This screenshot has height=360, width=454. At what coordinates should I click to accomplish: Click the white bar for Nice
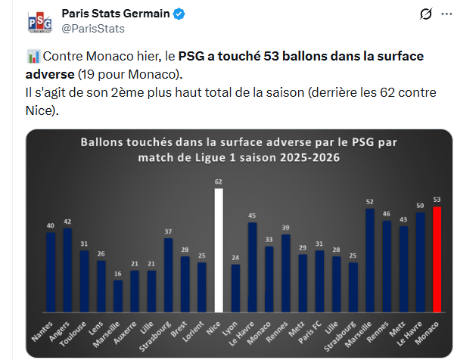click(219, 250)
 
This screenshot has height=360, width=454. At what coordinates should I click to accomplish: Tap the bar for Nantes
click(51, 272)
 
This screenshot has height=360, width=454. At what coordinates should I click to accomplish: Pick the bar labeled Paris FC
click(319, 281)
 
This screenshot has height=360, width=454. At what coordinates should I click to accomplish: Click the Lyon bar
click(235, 287)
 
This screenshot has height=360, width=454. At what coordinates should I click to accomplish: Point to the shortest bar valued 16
click(117, 296)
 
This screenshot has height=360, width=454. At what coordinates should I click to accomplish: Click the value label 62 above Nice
click(219, 182)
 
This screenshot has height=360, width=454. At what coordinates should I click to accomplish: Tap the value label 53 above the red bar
click(437, 200)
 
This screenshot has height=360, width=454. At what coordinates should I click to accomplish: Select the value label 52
click(370, 202)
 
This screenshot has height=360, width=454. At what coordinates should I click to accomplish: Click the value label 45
click(252, 216)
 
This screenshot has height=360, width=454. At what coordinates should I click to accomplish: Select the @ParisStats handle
click(92, 29)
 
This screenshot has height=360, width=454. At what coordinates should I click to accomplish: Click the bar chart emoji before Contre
click(33, 57)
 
